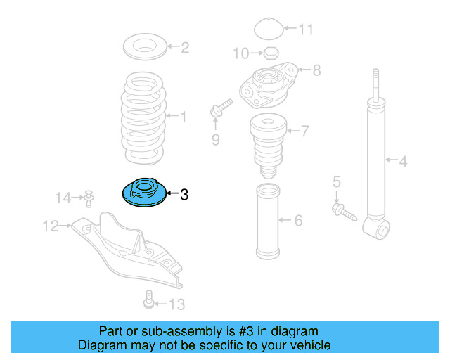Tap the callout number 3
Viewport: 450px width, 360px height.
pyautogui.click(x=184, y=195)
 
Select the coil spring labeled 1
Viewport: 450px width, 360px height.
pyautogui.click(x=145, y=116)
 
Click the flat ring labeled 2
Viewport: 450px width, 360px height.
pyautogui.click(x=146, y=49)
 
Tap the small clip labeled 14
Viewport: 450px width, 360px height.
pyautogui.click(x=89, y=198)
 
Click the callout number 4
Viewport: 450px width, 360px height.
pyautogui.click(x=403, y=162)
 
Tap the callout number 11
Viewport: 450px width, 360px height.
pyautogui.click(x=306, y=30)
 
